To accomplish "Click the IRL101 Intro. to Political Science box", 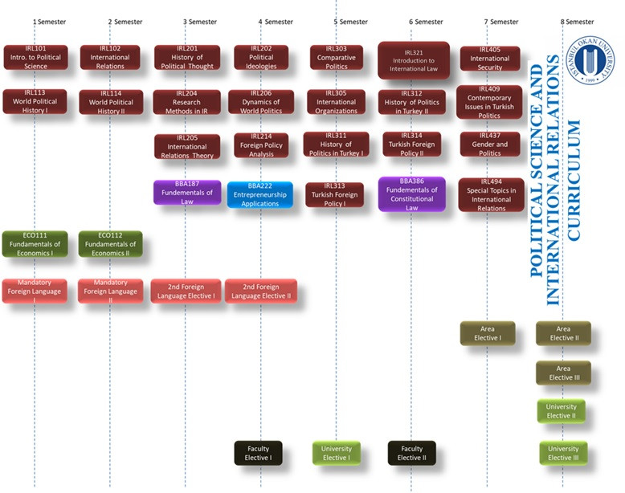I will pyautogui.click(x=35, y=57).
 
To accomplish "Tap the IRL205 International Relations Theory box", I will pyautogui.click(x=186, y=146).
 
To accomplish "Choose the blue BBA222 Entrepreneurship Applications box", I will pyautogui.click(x=259, y=194).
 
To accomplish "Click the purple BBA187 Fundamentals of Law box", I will pyautogui.click(x=187, y=192).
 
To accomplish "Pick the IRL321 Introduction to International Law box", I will pyautogui.click(x=413, y=60).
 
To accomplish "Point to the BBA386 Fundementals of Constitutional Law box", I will pyautogui.click(x=411, y=194).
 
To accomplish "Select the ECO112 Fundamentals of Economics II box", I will pyautogui.click(x=110, y=243).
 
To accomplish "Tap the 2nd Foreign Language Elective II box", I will pyautogui.click(x=261, y=291).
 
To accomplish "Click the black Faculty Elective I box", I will pyautogui.click(x=258, y=453).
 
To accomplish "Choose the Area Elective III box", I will pyautogui.click(x=563, y=373).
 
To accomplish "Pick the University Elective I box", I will pyautogui.click(x=336, y=453).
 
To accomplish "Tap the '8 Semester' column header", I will pyautogui.click(x=577, y=22).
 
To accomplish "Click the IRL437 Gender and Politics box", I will pyautogui.click(x=490, y=144).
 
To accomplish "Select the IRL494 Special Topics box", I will pyautogui.click(x=491, y=194).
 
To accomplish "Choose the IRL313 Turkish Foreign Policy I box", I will pyautogui.click(x=334, y=194).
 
